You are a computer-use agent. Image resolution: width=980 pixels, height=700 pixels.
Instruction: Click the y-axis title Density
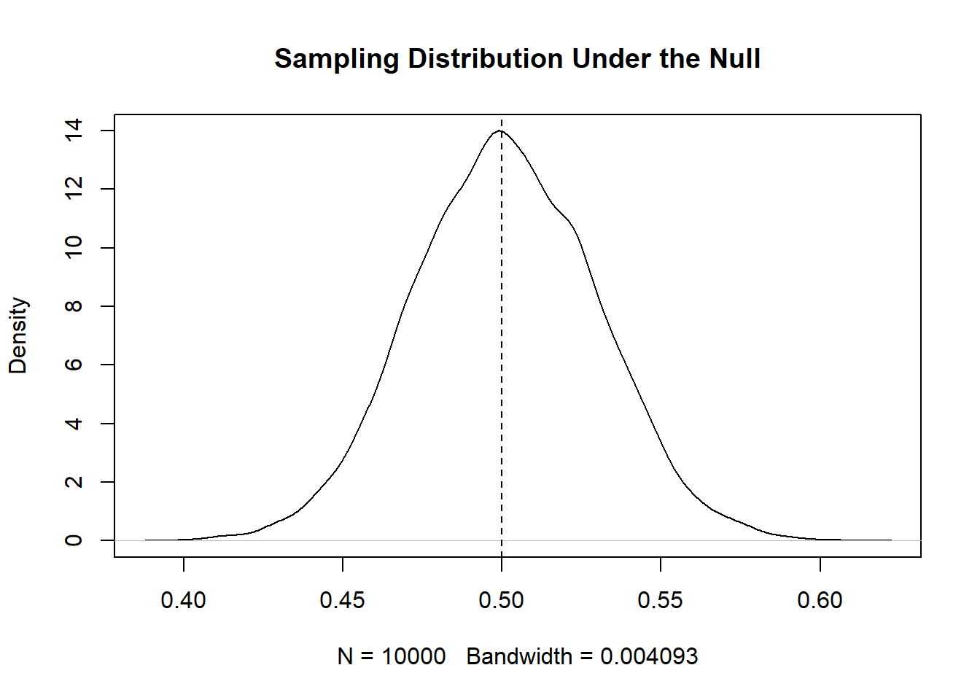[17, 335]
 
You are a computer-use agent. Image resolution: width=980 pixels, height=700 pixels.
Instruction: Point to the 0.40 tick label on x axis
[183, 600]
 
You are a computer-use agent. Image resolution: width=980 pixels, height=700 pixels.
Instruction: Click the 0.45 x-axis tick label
[342, 600]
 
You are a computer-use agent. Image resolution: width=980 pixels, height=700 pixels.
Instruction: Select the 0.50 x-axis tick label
[501, 600]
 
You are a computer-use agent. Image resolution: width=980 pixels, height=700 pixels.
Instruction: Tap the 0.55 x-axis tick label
[660, 600]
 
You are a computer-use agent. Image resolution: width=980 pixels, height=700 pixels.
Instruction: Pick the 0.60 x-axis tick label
[820, 600]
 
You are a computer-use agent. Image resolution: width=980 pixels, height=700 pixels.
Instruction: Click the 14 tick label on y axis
[74, 131]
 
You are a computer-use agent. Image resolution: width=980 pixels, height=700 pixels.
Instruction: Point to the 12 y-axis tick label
[74, 189]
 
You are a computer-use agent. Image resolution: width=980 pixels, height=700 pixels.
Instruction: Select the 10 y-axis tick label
[74, 248]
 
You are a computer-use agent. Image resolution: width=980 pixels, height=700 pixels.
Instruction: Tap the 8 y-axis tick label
[74, 306]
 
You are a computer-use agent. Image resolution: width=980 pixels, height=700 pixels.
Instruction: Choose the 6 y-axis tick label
[74, 365]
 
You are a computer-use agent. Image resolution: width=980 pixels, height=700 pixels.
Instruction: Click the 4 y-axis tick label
[74, 423]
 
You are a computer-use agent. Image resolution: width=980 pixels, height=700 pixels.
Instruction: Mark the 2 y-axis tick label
[74, 482]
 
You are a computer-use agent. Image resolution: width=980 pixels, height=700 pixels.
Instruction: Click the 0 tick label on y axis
[74, 540]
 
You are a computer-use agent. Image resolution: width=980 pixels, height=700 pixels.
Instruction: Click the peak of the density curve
[499, 131]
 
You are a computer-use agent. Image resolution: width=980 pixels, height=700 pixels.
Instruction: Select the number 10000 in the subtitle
[413, 656]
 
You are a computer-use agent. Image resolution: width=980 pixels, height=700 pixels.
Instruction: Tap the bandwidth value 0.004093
[649, 656]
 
